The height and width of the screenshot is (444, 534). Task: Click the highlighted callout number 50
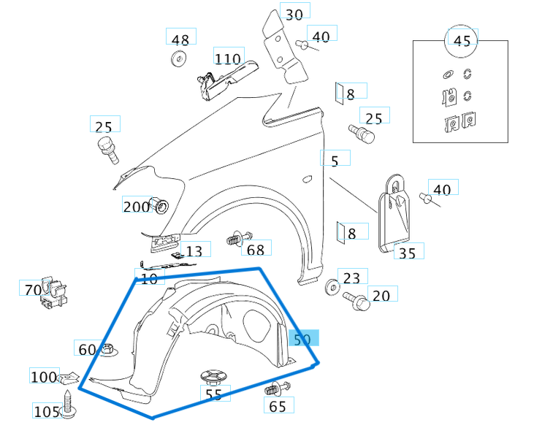click(302, 339)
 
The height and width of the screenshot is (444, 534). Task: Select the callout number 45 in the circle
click(462, 41)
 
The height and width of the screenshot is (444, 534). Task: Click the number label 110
click(228, 58)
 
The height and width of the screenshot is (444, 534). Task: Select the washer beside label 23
click(332, 286)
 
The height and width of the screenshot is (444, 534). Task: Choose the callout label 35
click(408, 253)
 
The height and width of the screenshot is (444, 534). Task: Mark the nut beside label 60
click(107, 350)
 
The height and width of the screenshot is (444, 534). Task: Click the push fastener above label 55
click(213, 377)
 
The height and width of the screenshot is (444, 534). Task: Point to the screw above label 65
click(277, 388)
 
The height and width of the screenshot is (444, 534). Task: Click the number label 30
click(294, 14)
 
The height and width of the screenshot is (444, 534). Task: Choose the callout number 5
click(335, 161)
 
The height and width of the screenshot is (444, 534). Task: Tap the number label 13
click(194, 251)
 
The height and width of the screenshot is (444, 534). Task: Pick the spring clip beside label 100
click(70, 378)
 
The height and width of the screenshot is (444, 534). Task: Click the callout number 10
click(148, 278)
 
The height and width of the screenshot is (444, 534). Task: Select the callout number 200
click(135, 207)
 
